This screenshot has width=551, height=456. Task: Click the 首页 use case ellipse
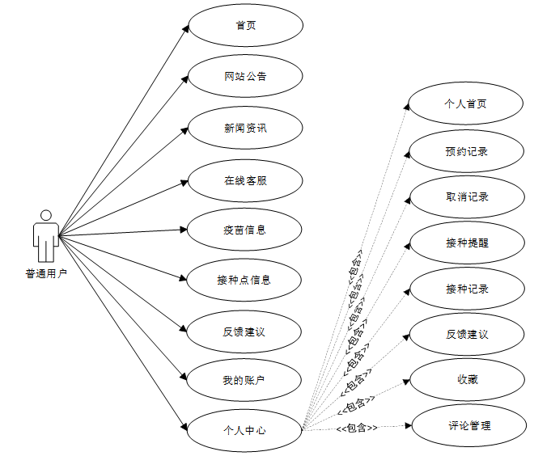245,25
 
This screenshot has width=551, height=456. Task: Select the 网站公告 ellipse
245,77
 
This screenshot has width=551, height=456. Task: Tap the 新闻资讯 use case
245,128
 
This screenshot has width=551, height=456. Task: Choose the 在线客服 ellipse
245,180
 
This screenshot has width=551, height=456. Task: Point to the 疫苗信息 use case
245,230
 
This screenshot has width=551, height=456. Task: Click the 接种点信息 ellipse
245,280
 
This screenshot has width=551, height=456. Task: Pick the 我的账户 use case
245,380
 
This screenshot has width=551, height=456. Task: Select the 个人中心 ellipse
245,430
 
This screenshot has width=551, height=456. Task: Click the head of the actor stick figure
46,215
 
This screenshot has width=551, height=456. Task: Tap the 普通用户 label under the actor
46,273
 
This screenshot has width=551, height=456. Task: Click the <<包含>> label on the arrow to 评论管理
357,427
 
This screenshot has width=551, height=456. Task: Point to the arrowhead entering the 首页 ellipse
185,30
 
